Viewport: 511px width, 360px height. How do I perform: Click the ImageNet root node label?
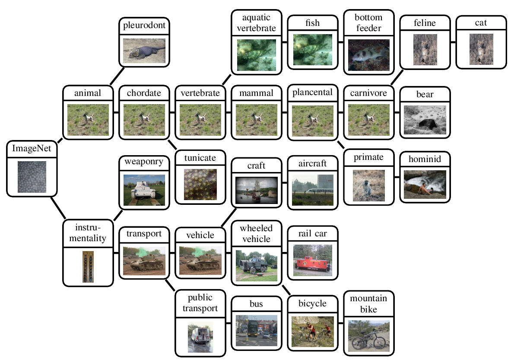pyautogui.click(x=32, y=149)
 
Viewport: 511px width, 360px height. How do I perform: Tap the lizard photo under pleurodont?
pyautogui.click(x=144, y=51)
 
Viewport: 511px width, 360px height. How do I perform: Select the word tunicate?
pyautogui.click(x=200, y=158)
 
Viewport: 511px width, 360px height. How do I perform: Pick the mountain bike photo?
pyautogui.click(x=368, y=335)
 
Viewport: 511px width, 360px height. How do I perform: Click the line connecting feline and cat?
pyautogui.click(x=453, y=42)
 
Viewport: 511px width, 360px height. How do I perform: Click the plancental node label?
pyautogui.click(x=312, y=92)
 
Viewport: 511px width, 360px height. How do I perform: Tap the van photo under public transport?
pyautogui.click(x=200, y=337)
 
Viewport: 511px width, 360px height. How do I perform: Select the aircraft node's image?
pyautogui.click(x=312, y=190)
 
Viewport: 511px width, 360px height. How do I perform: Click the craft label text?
pyautogui.click(x=256, y=166)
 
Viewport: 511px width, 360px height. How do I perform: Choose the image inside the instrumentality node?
pyautogui.click(x=89, y=267)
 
